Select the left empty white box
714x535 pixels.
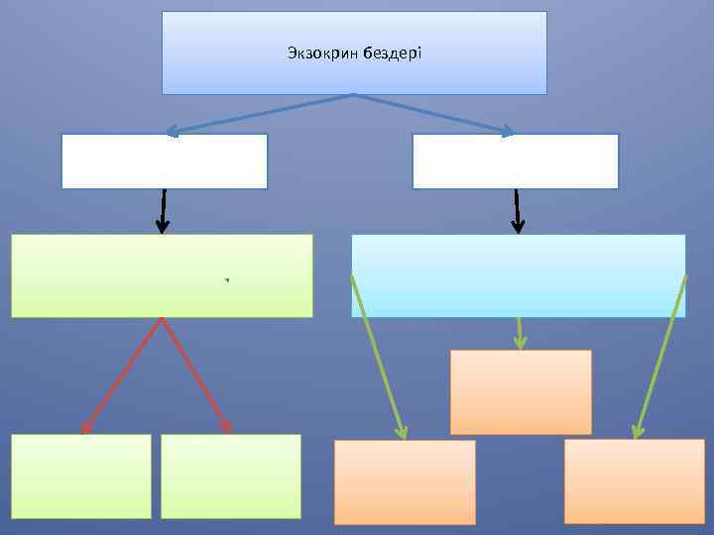pyautogui.click(x=165, y=161)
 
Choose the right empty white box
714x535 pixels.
pyautogui.click(x=515, y=161)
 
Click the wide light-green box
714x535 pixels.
pyautogui.click(x=162, y=275)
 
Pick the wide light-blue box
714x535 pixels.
pyautogui.click(x=519, y=275)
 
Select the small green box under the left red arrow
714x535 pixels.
pyautogui.click(x=81, y=477)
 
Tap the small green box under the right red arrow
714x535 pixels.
pyautogui.click(x=230, y=477)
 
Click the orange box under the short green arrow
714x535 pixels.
pyautogui.click(x=521, y=392)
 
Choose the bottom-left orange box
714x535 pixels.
pyautogui.click(x=405, y=482)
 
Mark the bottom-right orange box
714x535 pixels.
pyautogui.click(x=635, y=481)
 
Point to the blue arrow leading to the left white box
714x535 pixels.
pyautogui.click(x=260, y=113)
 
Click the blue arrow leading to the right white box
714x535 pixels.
pyautogui.click(x=434, y=113)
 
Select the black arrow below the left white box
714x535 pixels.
pyautogui.click(x=163, y=211)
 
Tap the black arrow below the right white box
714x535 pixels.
pyautogui.click(x=517, y=211)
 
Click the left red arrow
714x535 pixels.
pyautogui.click(x=122, y=375)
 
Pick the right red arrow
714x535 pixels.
pyautogui.click(x=196, y=375)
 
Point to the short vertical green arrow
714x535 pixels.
pyautogui.click(x=520, y=333)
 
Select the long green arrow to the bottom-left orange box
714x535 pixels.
pyautogui.click(x=378, y=357)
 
